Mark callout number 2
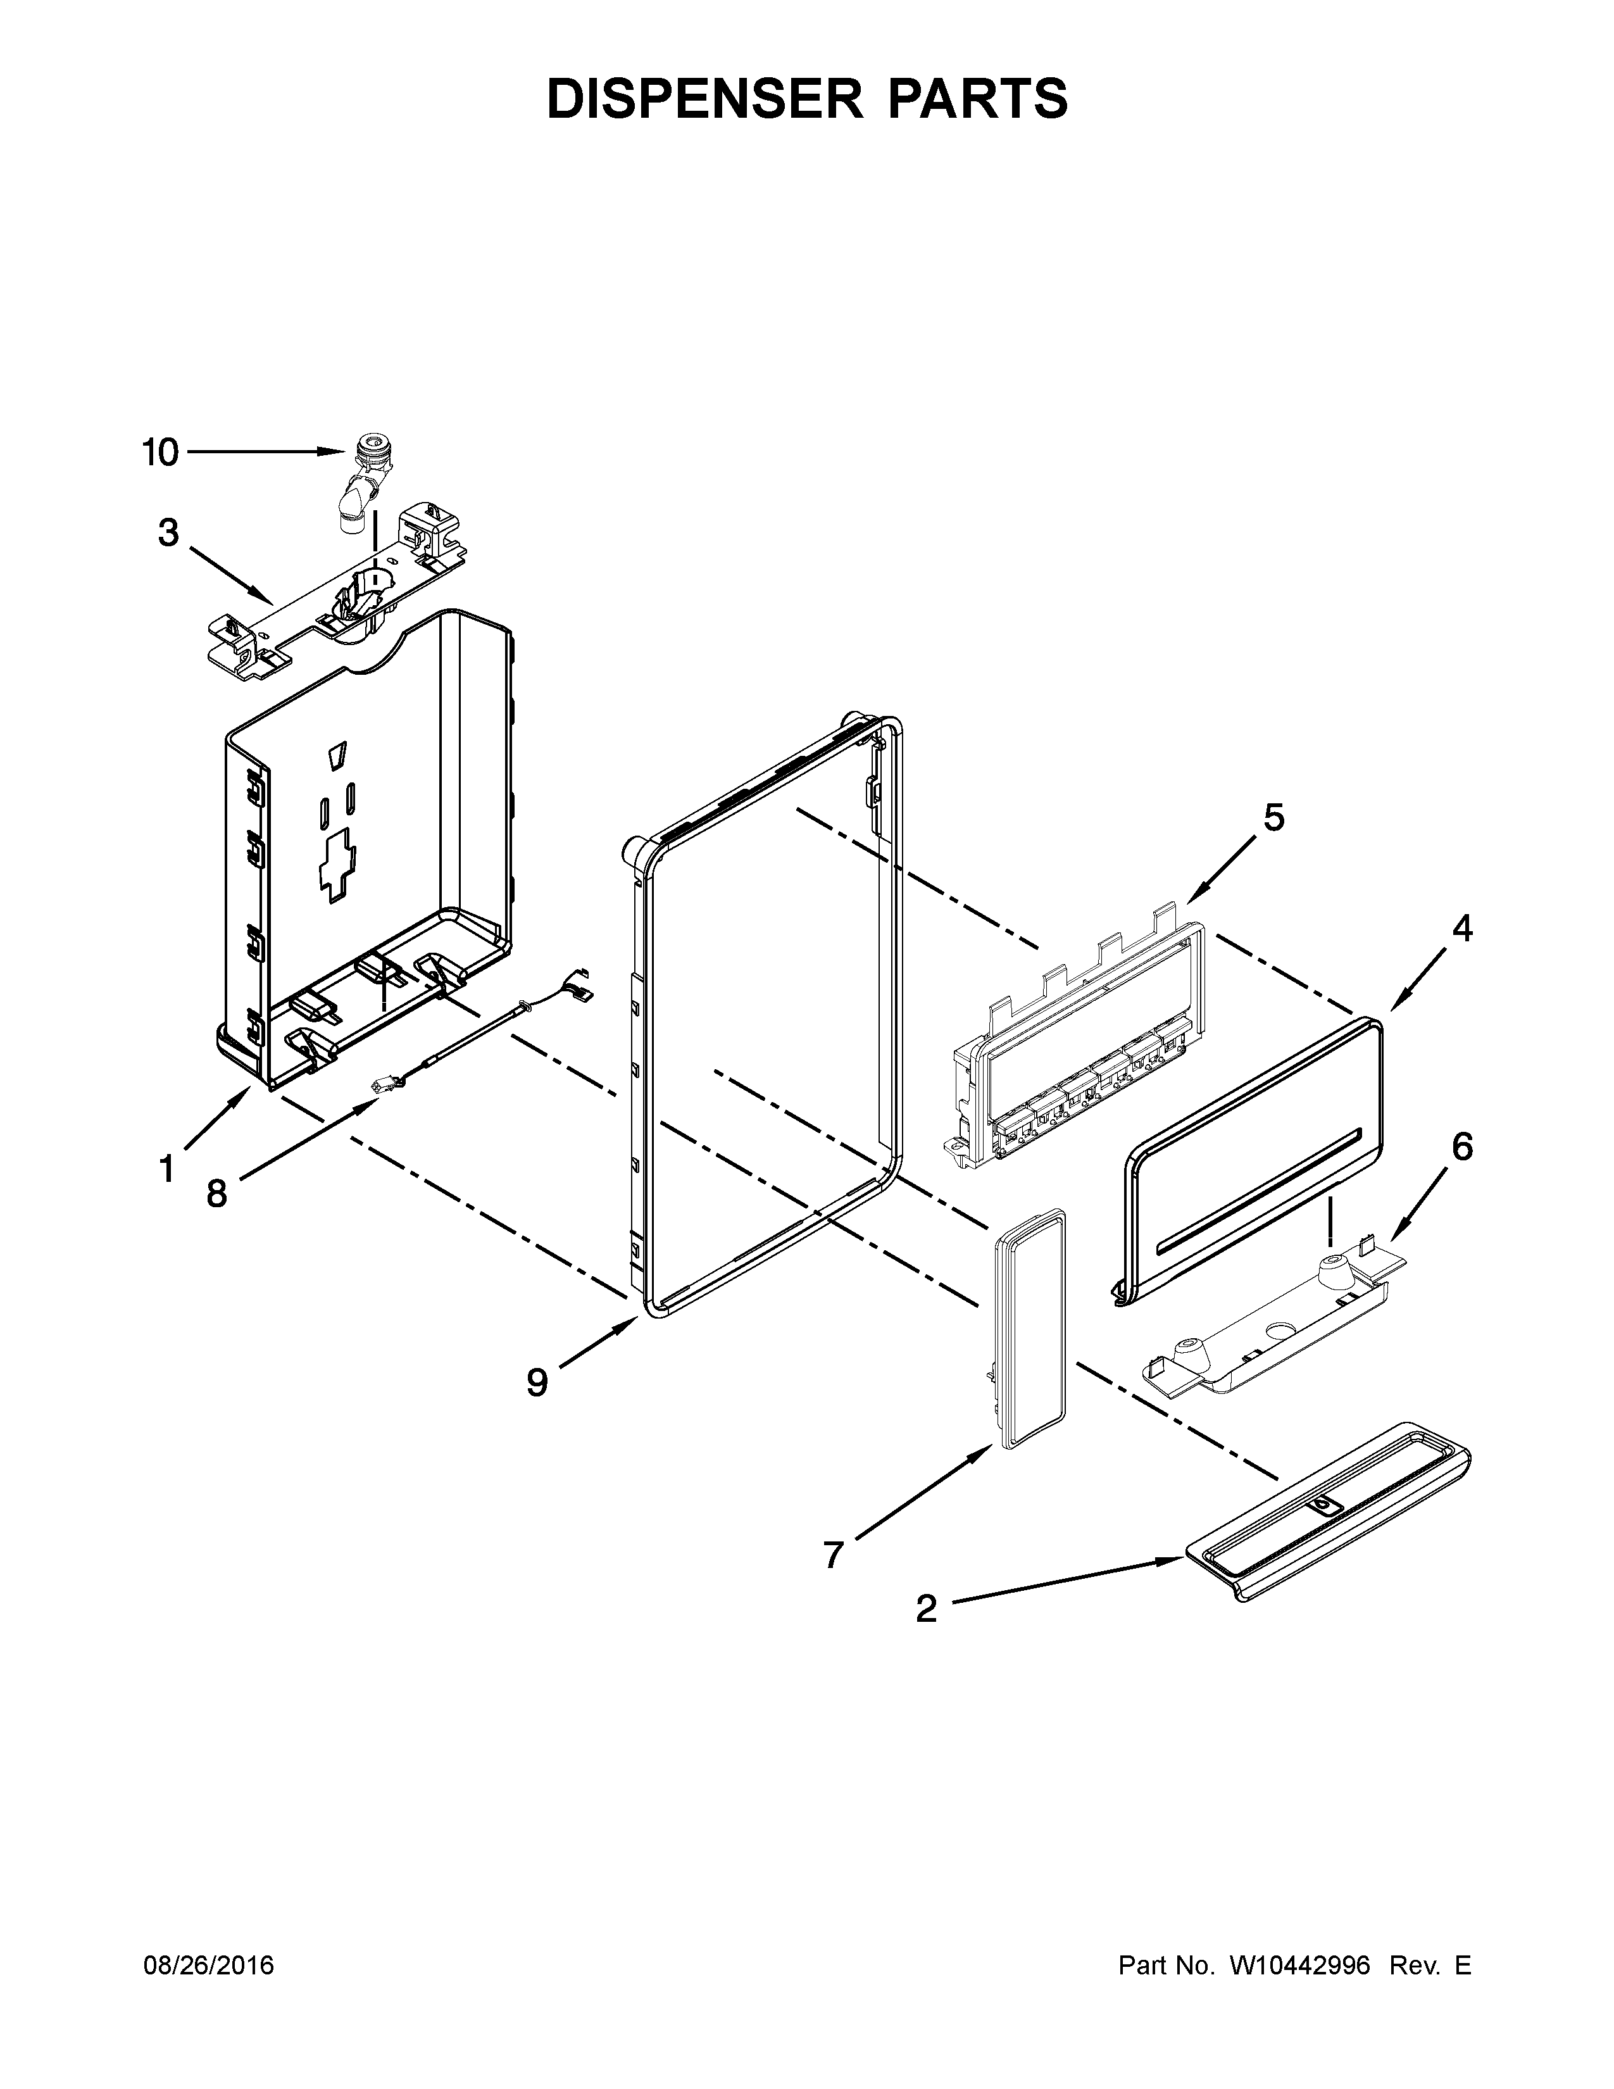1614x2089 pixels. tap(925, 1609)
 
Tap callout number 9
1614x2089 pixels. tap(537, 1381)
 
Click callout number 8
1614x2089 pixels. tap(217, 1193)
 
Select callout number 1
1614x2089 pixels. tap(166, 1168)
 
